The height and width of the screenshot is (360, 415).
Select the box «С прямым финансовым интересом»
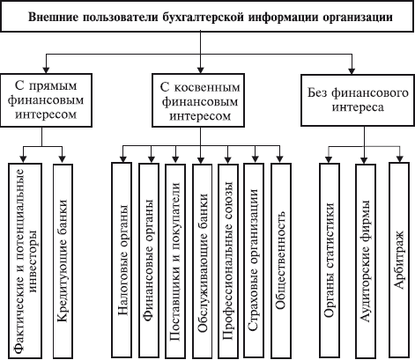click(x=46, y=100)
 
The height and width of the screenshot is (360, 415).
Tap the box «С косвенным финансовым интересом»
click(x=198, y=100)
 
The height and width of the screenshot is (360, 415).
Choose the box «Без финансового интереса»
click(x=358, y=100)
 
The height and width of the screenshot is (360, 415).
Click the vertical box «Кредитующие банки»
click(x=63, y=261)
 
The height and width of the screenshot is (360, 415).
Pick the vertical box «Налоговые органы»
click(x=122, y=261)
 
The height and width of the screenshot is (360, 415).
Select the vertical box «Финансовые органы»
click(x=149, y=261)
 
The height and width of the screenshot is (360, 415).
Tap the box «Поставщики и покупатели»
click(x=175, y=261)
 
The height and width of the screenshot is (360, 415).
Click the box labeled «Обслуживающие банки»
click(x=202, y=261)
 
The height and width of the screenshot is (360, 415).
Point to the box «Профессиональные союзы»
click(x=228, y=261)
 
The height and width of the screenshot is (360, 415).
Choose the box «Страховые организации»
click(x=254, y=261)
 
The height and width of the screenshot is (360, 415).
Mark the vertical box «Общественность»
click(x=281, y=261)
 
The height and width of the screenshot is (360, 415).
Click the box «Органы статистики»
click(x=330, y=261)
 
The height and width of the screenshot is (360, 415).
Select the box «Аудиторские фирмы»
click(x=366, y=261)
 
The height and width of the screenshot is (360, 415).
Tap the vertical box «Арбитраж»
click(x=399, y=261)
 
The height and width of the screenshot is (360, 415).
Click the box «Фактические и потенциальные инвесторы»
click(x=25, y=261)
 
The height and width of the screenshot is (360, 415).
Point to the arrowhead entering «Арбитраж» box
click(x=399, y=158)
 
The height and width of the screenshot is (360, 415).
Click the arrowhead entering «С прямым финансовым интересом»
click(x=46, y=70)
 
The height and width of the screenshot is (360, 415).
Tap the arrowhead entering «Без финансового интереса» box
click(x=352, y=70)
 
